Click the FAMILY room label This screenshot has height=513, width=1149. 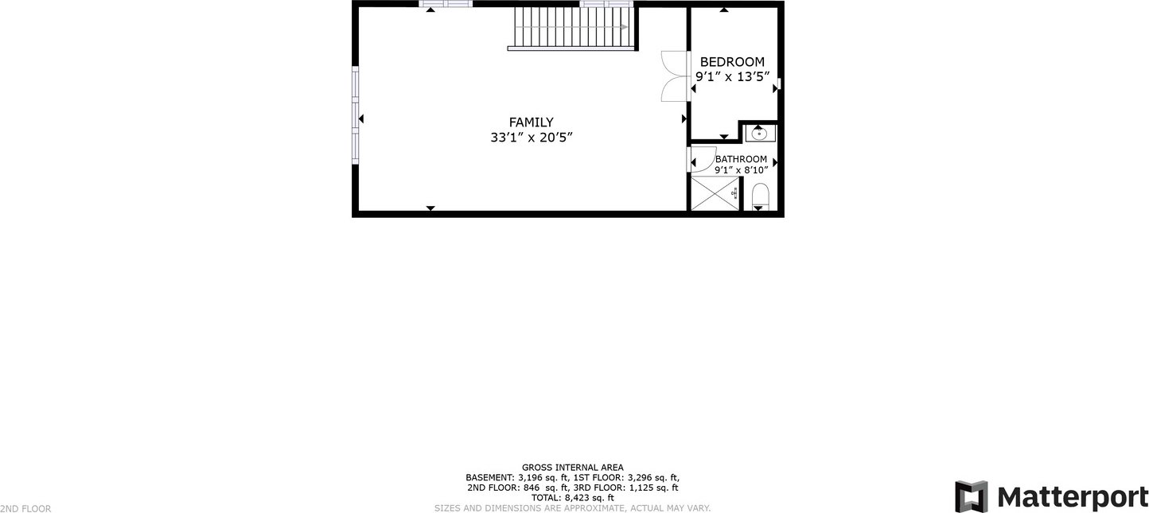[531, 122]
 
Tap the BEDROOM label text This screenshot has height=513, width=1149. [732, 62]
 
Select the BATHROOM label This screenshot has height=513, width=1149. [742, 159]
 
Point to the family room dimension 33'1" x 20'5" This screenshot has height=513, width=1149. [531, 138]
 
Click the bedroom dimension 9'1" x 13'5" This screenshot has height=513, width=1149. [733, 77]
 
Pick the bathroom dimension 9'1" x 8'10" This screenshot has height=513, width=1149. [742, 170]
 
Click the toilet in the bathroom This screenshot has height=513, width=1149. [760, 196]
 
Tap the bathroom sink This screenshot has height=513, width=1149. [760, 134]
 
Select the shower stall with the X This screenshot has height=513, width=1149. [715, 193]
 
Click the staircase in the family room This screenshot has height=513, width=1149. [573, 28]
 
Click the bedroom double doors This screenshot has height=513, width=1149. [673, 76]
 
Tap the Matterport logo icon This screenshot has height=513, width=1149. [971, 496]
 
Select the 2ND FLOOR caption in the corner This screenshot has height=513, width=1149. [25, 508]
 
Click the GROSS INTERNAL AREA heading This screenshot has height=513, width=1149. [572, 468]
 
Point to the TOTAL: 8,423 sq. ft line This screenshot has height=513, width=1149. [572, 498]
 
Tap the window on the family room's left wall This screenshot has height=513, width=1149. [355, 115]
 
